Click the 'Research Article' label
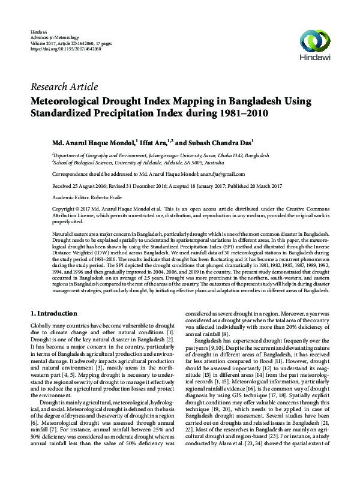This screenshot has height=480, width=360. coord(64,86)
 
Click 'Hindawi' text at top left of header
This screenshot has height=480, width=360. coord(38,30)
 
